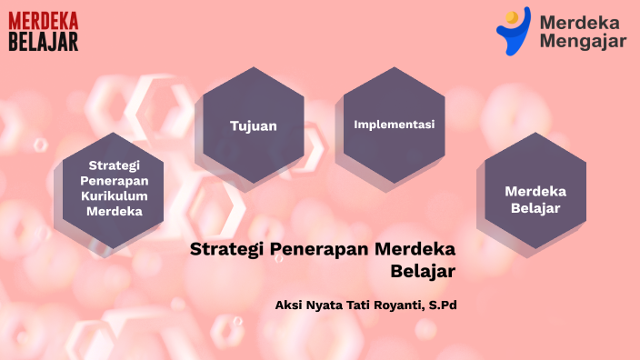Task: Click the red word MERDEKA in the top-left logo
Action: coord(44,21)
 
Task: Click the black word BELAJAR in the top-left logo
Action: coord(44,41)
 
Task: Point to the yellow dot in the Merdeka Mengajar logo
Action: coord(512,15)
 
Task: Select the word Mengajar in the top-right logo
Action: coord(583,41)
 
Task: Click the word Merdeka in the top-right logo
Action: coord(579,22)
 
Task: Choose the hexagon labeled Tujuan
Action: coord(253,125)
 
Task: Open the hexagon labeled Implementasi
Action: coord(394,124)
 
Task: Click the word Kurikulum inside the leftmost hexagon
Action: coord(114,195)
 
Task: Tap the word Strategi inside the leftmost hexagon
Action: coord(114,165)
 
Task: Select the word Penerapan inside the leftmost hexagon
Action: coord(114,180)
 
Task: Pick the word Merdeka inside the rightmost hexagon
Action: coord(535,191)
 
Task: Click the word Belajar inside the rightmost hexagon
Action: coord(535,208)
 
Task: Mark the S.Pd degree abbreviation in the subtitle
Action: coord(441,305)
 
